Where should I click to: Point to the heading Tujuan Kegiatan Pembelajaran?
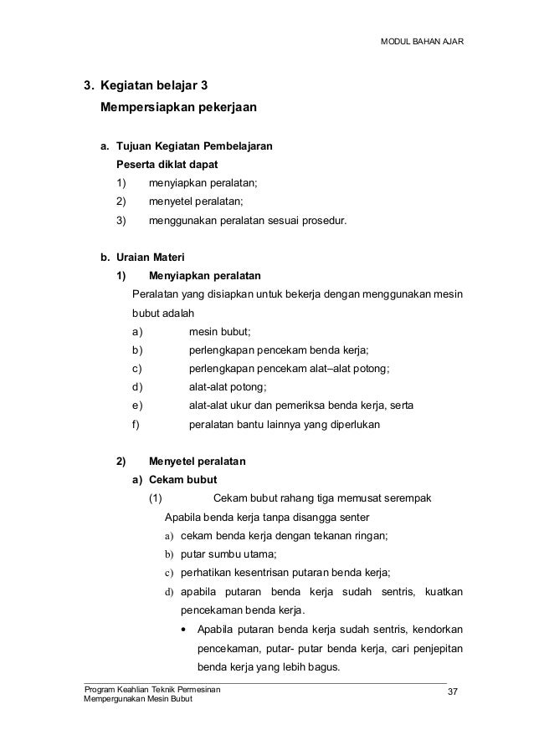194,146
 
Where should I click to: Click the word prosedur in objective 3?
321,222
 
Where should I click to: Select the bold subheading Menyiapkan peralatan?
204,275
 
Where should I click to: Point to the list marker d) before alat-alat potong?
137,387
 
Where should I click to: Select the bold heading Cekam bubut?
182,480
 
